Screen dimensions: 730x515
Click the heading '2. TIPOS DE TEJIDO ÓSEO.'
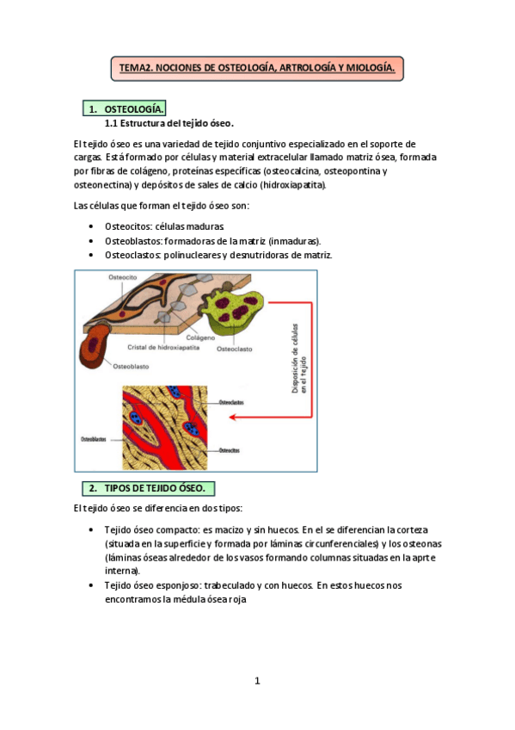[x=147, y=488]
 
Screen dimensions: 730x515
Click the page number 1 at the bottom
[x=256, y=682]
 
